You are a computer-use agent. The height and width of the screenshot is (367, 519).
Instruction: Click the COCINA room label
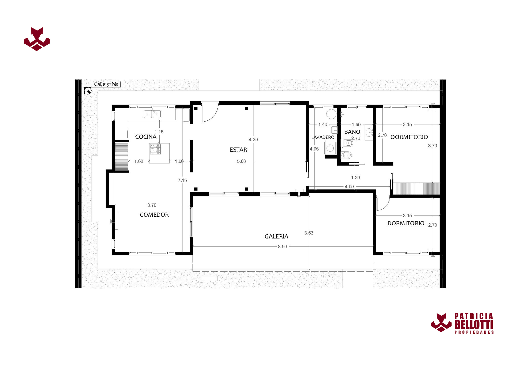coord(146,137)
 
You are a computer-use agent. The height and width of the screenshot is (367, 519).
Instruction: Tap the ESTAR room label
coord(238,150)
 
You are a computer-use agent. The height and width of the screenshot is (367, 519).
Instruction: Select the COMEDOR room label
coord(154,215)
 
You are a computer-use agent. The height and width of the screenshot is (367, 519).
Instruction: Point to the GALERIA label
coord(276,236)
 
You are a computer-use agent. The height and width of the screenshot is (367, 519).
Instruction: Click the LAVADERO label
coord(323,137)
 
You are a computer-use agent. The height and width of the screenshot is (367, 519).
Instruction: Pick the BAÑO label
coord(352,132)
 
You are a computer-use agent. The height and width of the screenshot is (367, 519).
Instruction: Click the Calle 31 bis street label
coord(106,84)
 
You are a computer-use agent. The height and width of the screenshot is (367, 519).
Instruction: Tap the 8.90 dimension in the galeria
coord(282,247)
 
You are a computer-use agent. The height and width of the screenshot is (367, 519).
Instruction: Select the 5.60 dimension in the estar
coord(241,161)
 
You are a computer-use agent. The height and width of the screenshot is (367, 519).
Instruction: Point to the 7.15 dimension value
coord(182,180)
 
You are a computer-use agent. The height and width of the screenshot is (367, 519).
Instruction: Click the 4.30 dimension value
coord(253,140)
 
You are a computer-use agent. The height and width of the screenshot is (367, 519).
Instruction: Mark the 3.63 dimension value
coord(309,233)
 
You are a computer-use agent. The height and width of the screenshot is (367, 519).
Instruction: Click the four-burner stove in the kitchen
coord(155,149)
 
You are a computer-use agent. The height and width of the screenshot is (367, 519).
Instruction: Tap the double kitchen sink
coord(152,114)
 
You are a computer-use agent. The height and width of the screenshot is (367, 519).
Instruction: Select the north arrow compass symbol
coord(88,91)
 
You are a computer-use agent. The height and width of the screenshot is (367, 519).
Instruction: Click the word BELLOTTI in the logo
coord(474,325)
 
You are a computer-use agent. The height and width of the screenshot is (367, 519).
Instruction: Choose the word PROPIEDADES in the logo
coord(474,332)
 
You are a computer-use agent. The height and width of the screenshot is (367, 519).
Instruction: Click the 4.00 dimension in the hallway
coord(349,187)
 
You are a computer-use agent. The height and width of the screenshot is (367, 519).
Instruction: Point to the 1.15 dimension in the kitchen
coord(159,132)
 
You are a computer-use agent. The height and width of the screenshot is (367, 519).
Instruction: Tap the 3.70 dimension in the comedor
coord(152,205)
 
